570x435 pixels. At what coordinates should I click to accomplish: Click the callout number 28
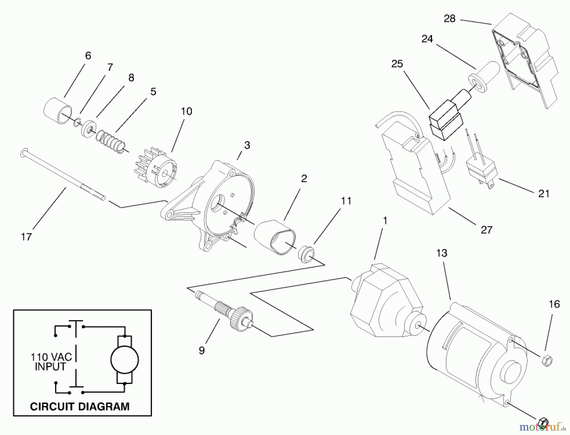click(x=449, y=19)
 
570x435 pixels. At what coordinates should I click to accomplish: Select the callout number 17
click(x=26, y=237)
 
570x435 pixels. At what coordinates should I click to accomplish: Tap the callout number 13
click(x=441, y=253)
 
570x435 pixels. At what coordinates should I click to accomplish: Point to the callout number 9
click(x=202, y=350)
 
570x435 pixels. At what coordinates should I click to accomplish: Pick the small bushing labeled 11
click(x=306, y=253)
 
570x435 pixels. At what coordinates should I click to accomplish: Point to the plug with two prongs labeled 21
click(x=480, y=171)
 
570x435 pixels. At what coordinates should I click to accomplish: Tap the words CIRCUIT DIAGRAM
click(x=79, y=406)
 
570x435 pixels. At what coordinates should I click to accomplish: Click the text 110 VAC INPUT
click(x=51, y=362)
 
